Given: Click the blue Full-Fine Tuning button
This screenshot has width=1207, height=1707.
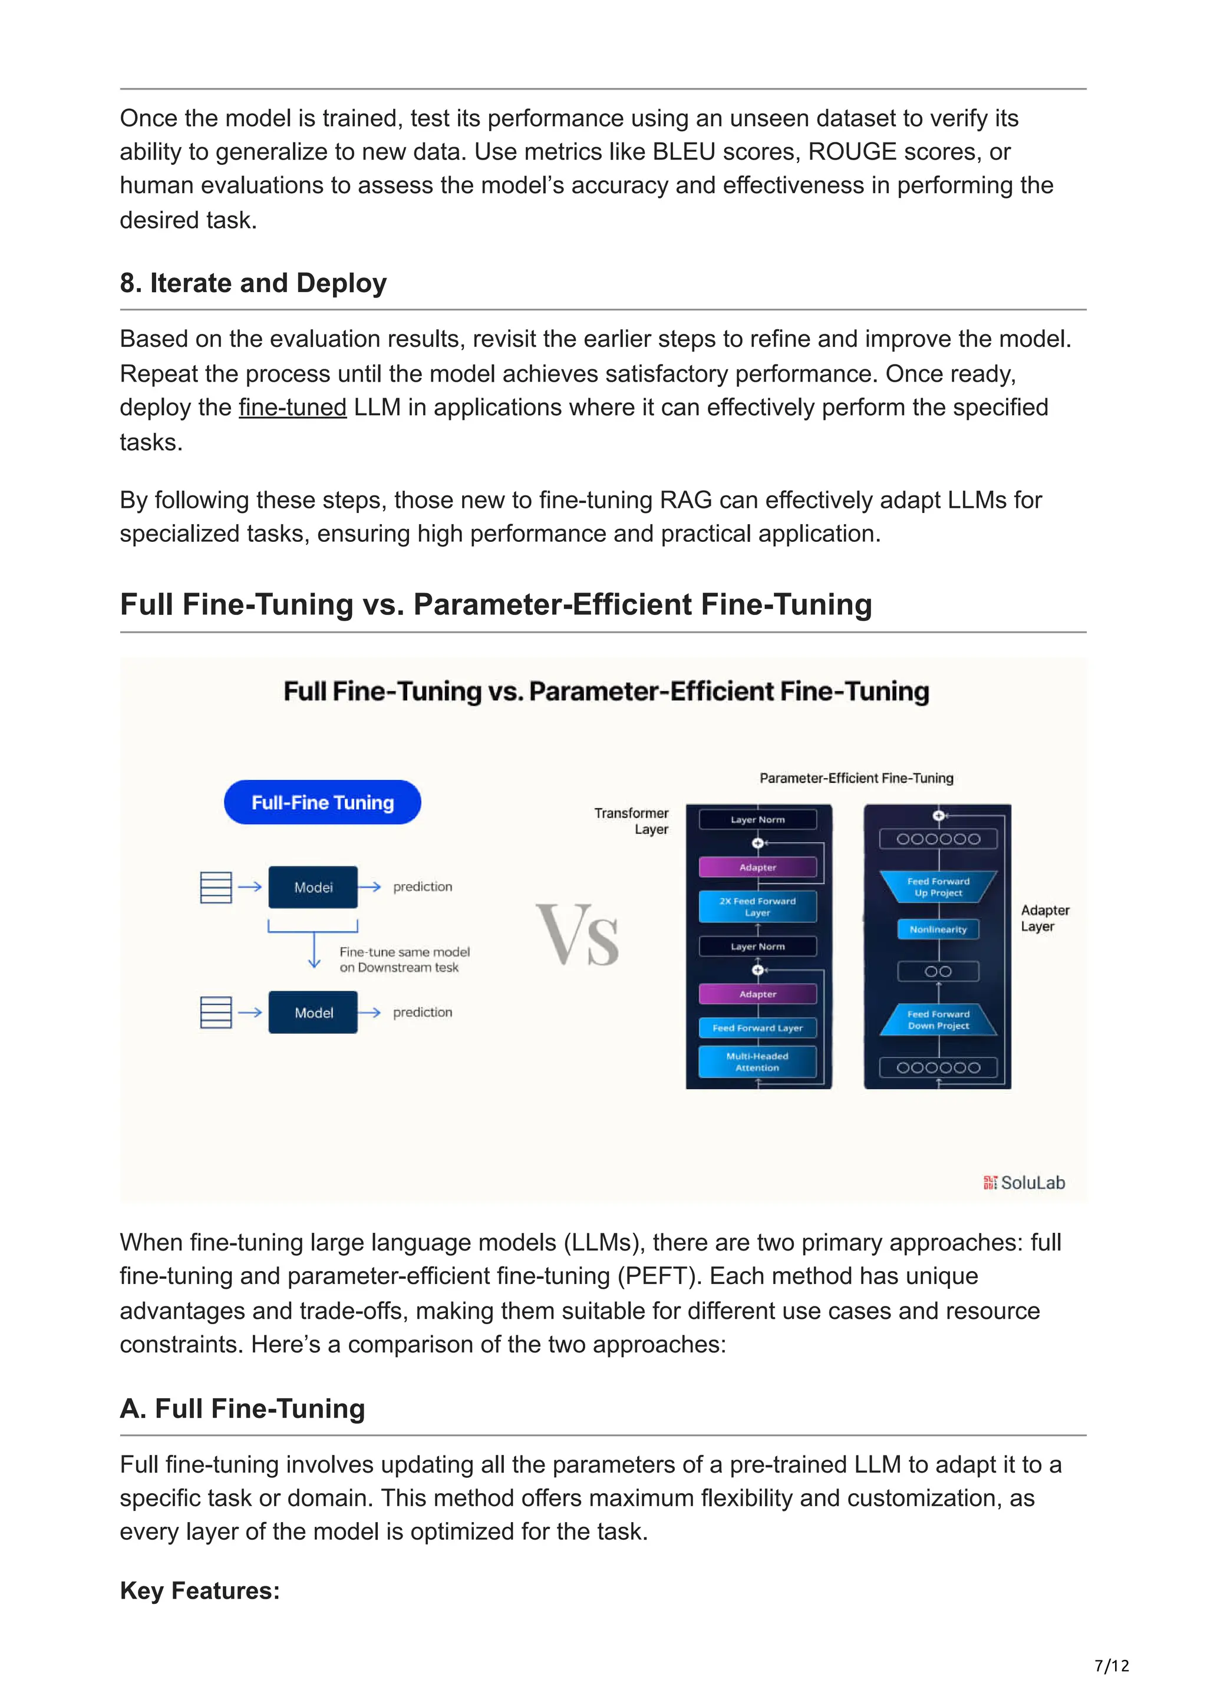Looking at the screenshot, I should pyautogui.click(x=322, y=802).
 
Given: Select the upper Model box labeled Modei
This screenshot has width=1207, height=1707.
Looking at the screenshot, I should pyautogui.click(x=312, y=887).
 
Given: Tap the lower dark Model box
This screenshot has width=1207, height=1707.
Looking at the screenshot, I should pyautogui.click(x=312, y=1012).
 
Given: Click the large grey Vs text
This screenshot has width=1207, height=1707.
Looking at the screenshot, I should pyautogui.click(x=578, y=935).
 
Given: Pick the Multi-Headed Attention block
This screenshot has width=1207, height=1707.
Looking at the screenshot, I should pyautogui.click(x=757, y=1061).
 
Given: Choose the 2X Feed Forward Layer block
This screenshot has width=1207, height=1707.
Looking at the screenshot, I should pyautogui.click(x=757, y=907).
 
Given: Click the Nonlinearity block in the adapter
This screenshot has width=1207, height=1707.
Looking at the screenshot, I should pyautogui.click(x=938, y=929).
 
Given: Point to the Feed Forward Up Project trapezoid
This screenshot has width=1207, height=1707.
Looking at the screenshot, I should pyautogui.click(x=938, y=887).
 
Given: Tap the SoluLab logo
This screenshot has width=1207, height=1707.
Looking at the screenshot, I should pyautogui.click(x=1024, y=1182).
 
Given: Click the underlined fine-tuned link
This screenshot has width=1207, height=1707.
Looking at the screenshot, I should pyautogui.click(x=292, y=408).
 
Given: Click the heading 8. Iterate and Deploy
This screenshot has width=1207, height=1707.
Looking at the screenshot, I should pyautogui.click(x=253, y=283).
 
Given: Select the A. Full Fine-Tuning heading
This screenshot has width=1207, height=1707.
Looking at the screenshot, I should pyautogui.click(x=242, y=1408).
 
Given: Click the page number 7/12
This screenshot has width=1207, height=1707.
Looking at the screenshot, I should pyautogui.click(x=1111, y=1665).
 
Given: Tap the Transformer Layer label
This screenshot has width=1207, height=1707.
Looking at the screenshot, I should pyautogui.click(x=632, y=821).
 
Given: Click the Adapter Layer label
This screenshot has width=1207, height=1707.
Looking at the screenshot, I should pyautogui.click(x=1044, y=918).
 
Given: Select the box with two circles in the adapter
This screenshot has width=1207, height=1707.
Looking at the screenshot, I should pyautogui.click(x=938, y=971).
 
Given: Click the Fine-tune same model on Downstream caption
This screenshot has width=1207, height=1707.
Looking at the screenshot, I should pyautogui.click(x=404, y=959).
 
